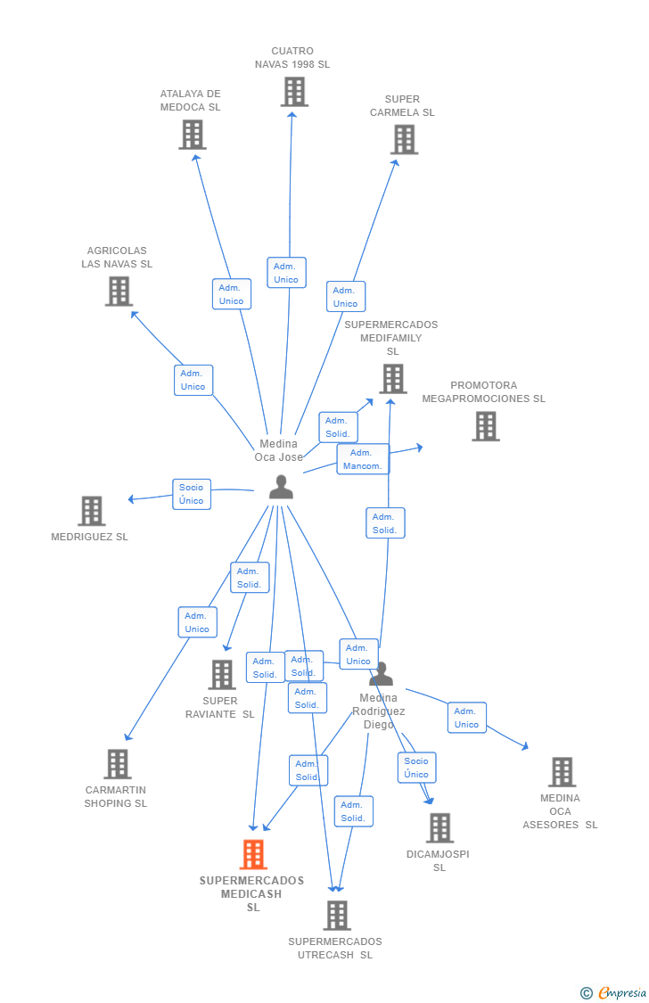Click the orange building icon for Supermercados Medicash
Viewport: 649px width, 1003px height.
point(253,855)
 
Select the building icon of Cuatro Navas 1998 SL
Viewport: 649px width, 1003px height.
point(293,92)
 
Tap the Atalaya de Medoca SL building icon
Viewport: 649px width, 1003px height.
point(192,135)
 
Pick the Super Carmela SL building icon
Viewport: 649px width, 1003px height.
point(404,139)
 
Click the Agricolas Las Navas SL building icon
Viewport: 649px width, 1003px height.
point(119,292)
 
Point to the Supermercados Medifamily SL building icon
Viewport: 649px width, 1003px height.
point(392,379)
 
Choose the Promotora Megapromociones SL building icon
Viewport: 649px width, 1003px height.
point(485,426)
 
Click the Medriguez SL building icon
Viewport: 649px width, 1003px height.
point(91,511)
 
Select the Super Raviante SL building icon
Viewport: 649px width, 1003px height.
point(221,675)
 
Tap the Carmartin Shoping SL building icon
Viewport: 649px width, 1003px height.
point(117,764)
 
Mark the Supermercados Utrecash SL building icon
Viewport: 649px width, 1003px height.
point(336,916)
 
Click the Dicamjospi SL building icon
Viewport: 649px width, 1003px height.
point(439,828)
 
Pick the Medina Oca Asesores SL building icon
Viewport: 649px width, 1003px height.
point(561,772)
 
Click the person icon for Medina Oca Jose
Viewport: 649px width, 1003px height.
point(281,487)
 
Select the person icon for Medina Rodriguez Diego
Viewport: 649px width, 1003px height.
point(382,675)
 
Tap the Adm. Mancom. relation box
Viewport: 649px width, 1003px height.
point(363,459)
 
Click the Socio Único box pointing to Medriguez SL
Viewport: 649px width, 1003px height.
point(192,494)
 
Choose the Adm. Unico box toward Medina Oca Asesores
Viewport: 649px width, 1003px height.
point(466,718)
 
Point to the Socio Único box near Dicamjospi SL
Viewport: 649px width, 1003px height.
point(416,768)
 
